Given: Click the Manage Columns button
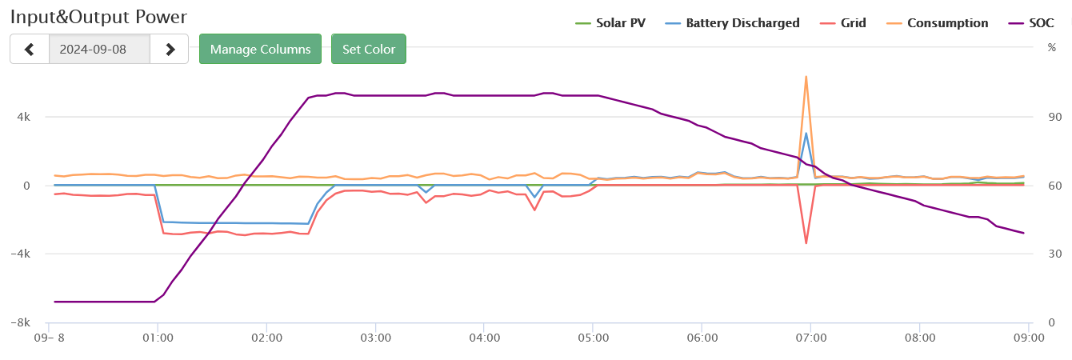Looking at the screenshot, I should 260,49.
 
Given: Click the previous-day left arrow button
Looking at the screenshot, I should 30,49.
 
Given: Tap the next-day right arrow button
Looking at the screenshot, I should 170,49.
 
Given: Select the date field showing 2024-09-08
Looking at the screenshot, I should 99,49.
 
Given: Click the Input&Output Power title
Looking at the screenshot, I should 98,17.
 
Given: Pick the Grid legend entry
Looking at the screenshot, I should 852,23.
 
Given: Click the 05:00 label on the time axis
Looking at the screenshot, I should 593,338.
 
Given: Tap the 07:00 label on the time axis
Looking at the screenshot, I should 810,338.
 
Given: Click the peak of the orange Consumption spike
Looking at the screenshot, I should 806,77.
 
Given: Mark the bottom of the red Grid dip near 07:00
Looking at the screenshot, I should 806,243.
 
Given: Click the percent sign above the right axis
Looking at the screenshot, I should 1051,47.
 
